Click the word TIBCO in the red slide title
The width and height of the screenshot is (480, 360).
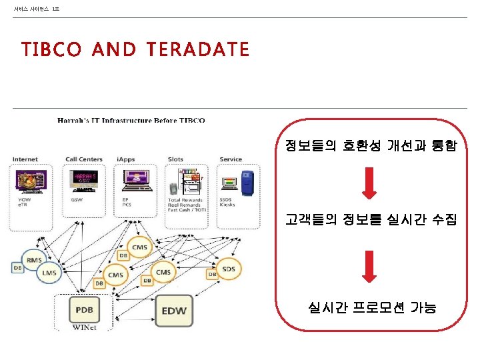[x=51, y=50]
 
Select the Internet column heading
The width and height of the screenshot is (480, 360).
[x=25, y=159]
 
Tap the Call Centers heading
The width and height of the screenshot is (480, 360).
[x=84, y=159]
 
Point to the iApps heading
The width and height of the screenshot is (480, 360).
[x=126, y=159]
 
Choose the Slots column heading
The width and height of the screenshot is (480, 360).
[x=176, y=159]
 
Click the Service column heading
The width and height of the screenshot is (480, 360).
[x=231, y=159]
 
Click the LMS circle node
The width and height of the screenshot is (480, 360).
[x=49, y=272]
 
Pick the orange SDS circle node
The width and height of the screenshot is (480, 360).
[x=229, y=269]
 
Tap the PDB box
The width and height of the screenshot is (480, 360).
[x=84, y=310]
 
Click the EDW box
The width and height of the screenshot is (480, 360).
[x=174, y=311]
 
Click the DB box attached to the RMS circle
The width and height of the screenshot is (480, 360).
[x=18, y=268]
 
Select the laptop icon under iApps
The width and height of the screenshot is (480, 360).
[x=133, y=182]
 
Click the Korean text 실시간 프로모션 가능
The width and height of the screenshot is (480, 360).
[x=372, y=307]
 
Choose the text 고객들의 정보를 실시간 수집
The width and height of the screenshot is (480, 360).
[x=371, y=219]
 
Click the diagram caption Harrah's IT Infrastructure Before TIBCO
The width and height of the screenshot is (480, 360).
[x=131, y=121]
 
